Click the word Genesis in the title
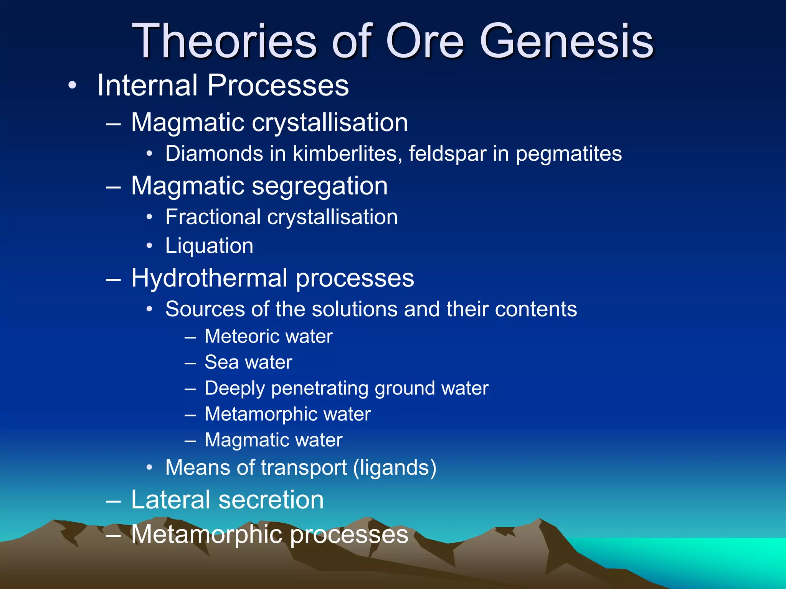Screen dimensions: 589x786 coord(566,41)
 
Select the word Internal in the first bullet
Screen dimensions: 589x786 coord(147,85)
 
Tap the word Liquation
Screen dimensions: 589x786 coord(209,246)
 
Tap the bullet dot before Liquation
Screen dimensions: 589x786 coord(150,246)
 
